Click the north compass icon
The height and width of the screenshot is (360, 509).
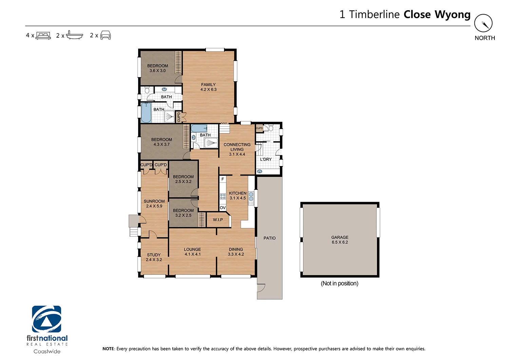(x=483, y=23)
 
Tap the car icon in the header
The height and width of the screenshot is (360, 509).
(x=106, y=35)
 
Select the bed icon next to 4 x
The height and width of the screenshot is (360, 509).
(x=43, y=35)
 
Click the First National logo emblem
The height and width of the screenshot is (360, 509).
(x=46, y=319)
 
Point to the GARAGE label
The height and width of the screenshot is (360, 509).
(x=340, y=237)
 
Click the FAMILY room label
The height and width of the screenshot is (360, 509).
(x=208, y=85)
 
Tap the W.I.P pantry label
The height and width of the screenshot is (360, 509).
(x=218, y=220)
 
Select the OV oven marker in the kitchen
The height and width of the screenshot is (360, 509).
(x=223, y=208)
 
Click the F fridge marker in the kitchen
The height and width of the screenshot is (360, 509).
(x=223, y=179)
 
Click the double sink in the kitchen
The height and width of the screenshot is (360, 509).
(x=251, y=197)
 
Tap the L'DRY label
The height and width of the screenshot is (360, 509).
(x=266, y=159)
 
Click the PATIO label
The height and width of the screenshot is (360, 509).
(x=269, y=238)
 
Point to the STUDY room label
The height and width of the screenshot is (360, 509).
(x=154, y=255)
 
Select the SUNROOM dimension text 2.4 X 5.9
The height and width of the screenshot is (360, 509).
(x=154, y=206)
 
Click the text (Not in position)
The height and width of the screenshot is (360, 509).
(x=339, y=283)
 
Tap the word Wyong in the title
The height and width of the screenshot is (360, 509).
(x=452, y=15)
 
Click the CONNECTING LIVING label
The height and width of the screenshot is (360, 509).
(x=237, y=147)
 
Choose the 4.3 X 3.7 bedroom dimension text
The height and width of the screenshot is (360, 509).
(x=162, y=144)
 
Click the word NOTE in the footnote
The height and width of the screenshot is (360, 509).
(x=108, y=349)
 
